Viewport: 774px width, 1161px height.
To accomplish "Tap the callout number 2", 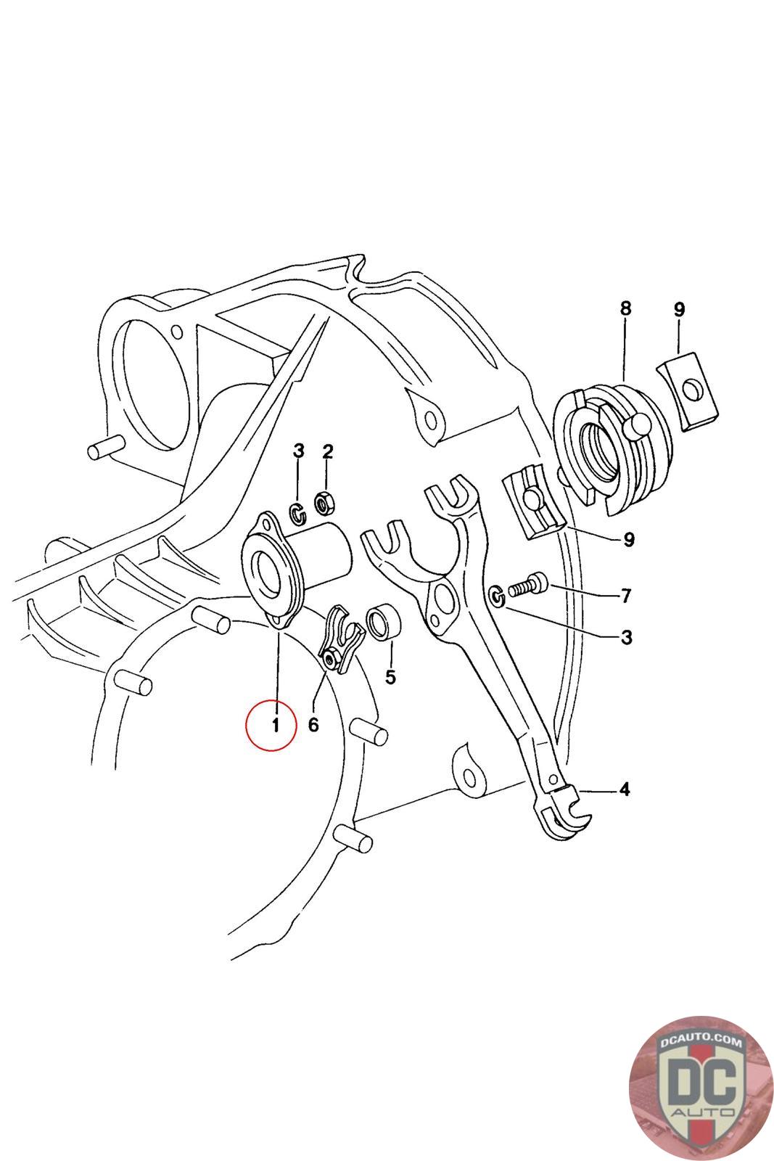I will pyautogui.click(x=327, y=452).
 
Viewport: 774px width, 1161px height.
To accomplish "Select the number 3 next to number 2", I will pyautogui.click(x=298, y=451).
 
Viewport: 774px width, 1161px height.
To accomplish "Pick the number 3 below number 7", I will pyautogui.click(x=626, y=638).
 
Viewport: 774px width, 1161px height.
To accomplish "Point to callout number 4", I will pyautogui.click(x=625, y=789).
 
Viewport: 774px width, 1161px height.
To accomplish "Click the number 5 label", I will pyautogui.click(x=390, y=677).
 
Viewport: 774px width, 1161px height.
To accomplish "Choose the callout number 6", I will pyautogui.click(x=313, y=724).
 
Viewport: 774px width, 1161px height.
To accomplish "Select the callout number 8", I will pyautogui.click(x=625, y=308).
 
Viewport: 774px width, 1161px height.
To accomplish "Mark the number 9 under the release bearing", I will pyautogui.click(x=628, y=540).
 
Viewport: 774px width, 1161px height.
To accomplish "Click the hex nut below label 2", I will pyautogui.click(x=324, y=501).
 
